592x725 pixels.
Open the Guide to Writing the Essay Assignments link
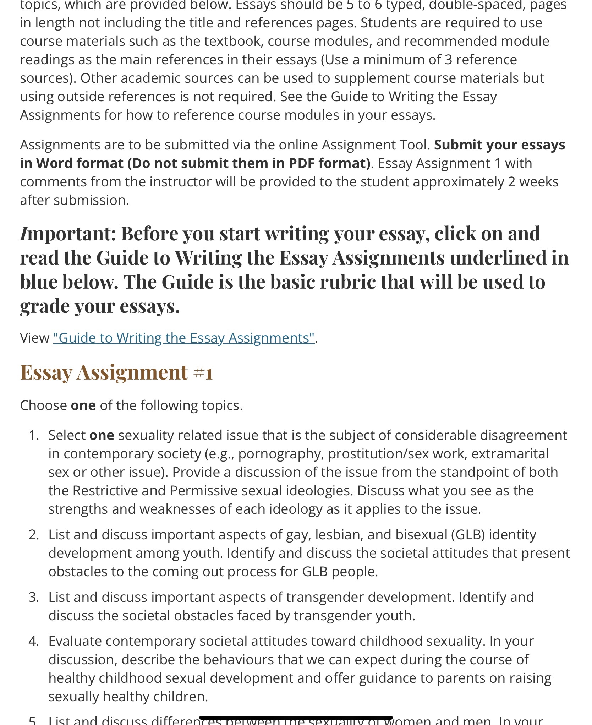pyautogui.click(x=183, y=338)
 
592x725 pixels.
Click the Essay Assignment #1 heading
pyautogui.click(x=116, y=372)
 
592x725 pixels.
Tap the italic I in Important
pyautogui.click(x=24, y=234)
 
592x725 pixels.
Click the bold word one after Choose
pyautogui.click(x=83, y=405)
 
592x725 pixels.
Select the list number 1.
pyautogui.click(x=33, y=435)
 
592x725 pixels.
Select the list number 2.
pyautogui.click(x=33, y=535)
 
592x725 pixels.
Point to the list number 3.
pyautogui.click(x=33, y=597)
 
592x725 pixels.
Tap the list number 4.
pyautogui.click(x=33, y=641)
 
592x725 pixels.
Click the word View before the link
pyautogui.click(x=34, y=338)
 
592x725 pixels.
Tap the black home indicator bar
pyautogui.click(x=296, y=718)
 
